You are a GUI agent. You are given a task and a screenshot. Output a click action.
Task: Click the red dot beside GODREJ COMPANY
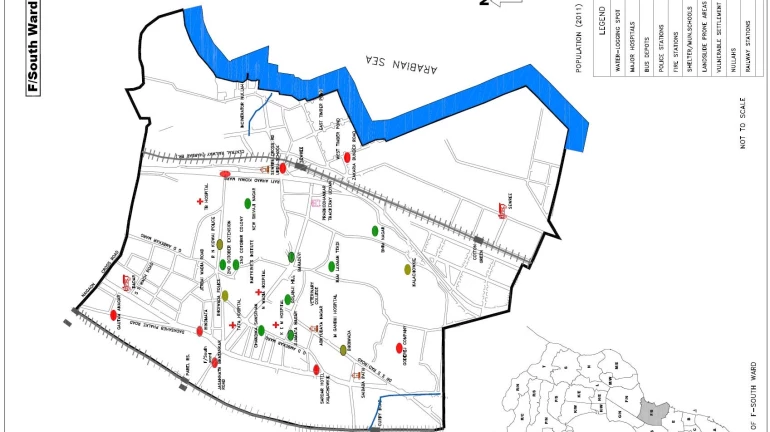pos(399,348)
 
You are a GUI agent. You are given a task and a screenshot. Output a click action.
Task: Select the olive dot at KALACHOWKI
pos(407,269)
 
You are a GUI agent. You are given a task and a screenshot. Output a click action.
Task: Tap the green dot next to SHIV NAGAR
pos(375,231)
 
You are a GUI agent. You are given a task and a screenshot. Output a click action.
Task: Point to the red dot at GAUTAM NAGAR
pos(112,316)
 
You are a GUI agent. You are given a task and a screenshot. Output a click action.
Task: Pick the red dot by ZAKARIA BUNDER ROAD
pos(347,157)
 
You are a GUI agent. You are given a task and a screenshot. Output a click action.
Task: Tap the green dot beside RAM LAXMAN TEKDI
pos(331,267)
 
